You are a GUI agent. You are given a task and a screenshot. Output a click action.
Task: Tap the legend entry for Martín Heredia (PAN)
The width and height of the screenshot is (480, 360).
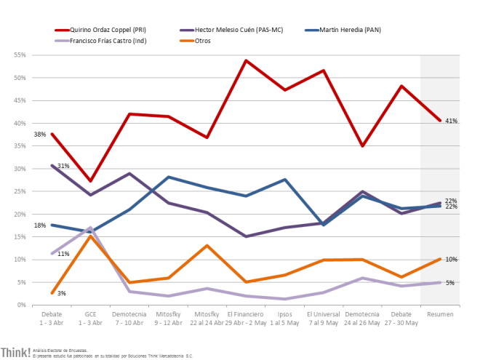pos(348,30)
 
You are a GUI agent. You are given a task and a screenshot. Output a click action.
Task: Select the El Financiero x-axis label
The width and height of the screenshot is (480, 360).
pos(246,317)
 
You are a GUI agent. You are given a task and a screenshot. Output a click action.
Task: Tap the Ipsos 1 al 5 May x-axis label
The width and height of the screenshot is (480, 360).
pos(284,317)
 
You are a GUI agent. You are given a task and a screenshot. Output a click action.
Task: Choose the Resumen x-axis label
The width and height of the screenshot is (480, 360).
pos(440,313)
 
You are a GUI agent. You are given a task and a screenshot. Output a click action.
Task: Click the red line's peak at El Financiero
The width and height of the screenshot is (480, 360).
pos(246,60)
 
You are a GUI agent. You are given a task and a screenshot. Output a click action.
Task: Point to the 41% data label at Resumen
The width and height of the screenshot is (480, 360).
pos(451,121)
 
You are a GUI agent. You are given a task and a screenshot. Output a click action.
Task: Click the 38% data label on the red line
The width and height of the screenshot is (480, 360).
pos(39,135)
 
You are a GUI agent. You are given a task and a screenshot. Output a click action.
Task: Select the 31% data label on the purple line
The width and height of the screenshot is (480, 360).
pos(63,167)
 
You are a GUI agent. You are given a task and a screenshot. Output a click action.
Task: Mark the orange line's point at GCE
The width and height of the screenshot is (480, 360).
pos(89,236)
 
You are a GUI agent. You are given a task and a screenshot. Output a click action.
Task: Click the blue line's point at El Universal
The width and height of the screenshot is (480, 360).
pos(323,225)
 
